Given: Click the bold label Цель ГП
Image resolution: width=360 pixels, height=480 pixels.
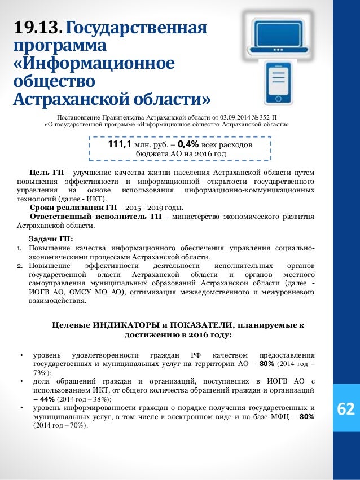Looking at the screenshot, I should coord(47,171).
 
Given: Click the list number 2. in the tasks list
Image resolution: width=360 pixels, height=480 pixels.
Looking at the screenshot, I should coord(18,265).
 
